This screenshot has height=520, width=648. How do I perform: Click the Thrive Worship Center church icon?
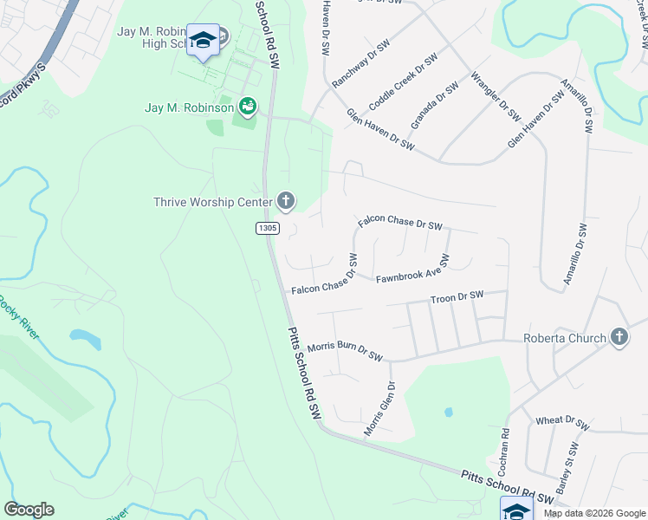click(285, 203)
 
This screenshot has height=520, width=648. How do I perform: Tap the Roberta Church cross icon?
click(619, 337)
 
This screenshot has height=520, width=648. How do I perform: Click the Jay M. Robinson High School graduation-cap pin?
click(204, 40)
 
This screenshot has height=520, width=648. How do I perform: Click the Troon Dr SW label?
click(457, 297)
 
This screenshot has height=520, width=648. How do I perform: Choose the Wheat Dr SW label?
click(561, 422)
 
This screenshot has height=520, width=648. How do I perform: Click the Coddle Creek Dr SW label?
click(403, 81)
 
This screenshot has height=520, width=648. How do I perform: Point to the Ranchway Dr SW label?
click(360, 63)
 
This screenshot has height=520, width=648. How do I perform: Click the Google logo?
click(29, 510)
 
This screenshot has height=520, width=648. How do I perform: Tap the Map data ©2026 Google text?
click(593, 513)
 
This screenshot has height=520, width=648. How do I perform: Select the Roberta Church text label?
click(564, 338)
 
